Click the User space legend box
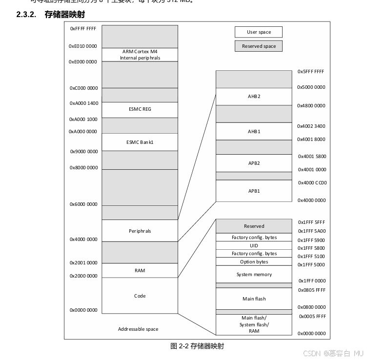[x=258, y=32]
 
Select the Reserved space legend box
[x=258, y=46]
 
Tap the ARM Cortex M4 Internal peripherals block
[x=140, y=55]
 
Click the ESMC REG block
[x=140, y=109]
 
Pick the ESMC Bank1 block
[x=140, y=142]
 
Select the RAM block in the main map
[x=140, y=270]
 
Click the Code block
[x=140, y=296]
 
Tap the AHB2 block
[x=254, y=97]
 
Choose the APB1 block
[x=254, y=191]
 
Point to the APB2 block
[x=254, y=163]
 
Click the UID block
[x=254, y=245]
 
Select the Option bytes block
[x=254, y=261]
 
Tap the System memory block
[x=254, y=274]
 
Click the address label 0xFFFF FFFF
[x=83, y=29]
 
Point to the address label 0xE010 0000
[x=83, y=46]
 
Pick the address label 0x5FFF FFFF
[x=311, y=72]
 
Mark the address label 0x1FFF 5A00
[x=312, y=231]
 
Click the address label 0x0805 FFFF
[x=312, y=290]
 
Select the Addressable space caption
[x=138, y=329]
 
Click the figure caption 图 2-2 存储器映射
[x=197, y=346]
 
